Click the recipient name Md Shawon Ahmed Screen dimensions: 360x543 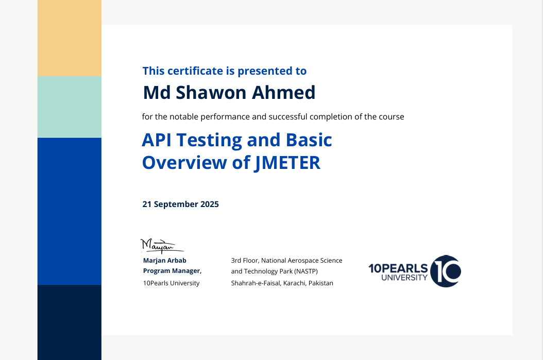[x=229, y=93]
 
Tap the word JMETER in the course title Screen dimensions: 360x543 [x=287, y=163]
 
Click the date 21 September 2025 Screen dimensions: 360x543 [x=180, y=204]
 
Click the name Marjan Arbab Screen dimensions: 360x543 [x=164, y=261]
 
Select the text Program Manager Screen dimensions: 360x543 [x=172, y=271]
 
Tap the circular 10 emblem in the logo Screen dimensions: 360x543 [x=445, y=271]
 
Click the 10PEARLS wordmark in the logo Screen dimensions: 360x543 [x=398, y=268]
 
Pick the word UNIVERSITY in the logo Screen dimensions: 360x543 [x=404, y=278]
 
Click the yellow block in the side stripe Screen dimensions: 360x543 [x=70, y=38]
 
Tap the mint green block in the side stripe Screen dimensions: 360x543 [x=70, y=107]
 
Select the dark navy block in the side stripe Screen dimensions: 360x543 [x=70, y=322]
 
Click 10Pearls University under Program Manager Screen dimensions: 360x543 [x=171, y=283]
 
